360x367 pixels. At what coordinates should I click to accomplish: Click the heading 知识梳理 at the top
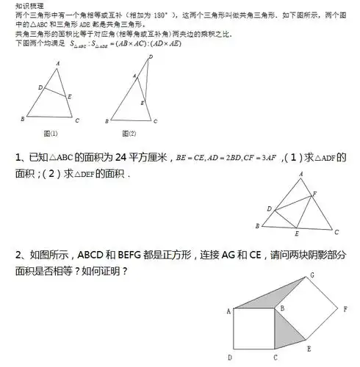(x=27, y=5)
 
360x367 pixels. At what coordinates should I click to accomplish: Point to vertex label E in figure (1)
(x=71, y=96)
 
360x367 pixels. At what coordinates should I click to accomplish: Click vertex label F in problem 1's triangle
(x=315, y=194)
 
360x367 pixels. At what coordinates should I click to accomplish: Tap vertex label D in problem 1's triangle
(x=269, y=210)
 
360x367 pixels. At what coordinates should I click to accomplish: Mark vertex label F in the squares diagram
(x=345, y=309)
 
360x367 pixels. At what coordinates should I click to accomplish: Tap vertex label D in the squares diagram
(x=230, y=357)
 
